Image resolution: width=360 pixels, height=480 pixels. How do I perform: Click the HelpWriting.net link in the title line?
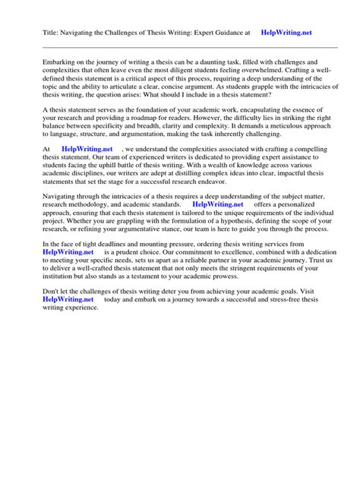pyautogui.click(x=286, y=33)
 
